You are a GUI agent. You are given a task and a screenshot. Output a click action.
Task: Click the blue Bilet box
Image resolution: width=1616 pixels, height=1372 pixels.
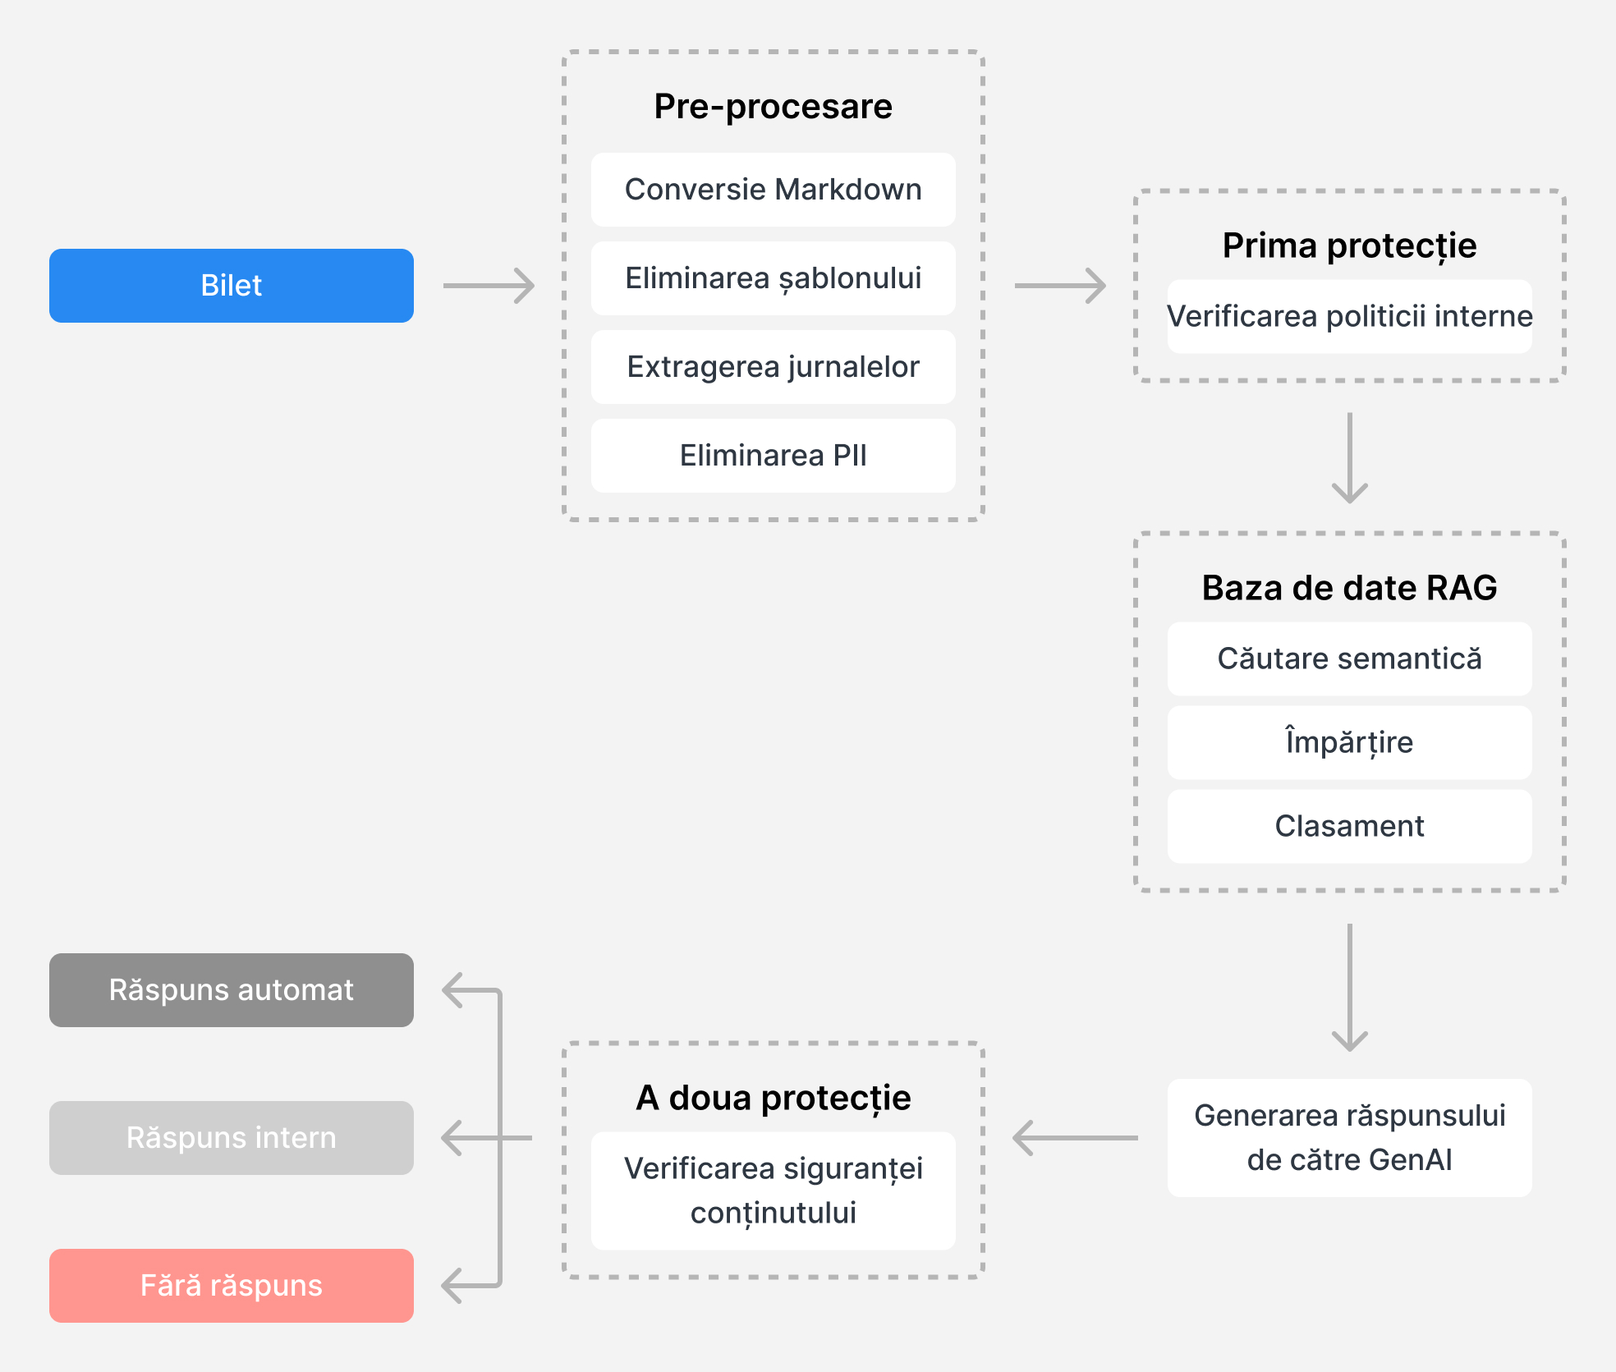pos(232,286)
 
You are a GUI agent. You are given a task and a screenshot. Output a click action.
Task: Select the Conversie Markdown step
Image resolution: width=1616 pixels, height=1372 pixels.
pos(774,190)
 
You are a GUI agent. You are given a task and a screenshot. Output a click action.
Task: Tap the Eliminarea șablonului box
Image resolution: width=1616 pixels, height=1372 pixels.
pos(774,278)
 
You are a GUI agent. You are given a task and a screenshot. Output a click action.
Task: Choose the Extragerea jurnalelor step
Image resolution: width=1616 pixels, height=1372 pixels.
pos(774,367)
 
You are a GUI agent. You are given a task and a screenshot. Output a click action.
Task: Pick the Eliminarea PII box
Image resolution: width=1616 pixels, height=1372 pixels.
pos(774,456)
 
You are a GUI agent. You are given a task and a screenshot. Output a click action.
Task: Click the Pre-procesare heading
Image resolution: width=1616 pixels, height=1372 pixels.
pos(774,107)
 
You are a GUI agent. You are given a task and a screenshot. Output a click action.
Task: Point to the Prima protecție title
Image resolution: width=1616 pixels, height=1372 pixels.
pos(1350,245)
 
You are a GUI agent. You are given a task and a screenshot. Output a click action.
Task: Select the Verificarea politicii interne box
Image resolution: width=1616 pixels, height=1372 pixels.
pos(1350,317)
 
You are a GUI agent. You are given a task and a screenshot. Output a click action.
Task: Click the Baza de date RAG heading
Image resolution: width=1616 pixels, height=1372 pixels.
pos(1350,588)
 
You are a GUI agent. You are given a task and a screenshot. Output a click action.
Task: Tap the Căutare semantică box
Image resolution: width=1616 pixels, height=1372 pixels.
pos(1350,658)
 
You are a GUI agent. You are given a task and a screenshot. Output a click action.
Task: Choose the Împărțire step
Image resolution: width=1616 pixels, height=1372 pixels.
pos(1350,742)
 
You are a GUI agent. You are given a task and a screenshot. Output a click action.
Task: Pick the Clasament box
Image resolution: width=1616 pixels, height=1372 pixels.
pos(1350,826)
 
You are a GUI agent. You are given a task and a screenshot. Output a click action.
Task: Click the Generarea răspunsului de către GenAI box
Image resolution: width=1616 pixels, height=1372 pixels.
pos(1350,1138)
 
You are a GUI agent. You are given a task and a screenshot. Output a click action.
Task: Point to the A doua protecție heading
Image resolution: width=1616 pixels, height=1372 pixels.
pos(774,1098)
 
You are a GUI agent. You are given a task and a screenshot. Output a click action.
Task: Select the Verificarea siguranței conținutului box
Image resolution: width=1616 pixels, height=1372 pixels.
pos(774,1191)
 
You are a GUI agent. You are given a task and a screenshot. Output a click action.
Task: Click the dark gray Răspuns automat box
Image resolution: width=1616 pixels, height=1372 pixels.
pos(232,990)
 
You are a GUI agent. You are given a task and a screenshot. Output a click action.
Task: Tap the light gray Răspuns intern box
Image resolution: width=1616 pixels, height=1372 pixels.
pos(232,1138)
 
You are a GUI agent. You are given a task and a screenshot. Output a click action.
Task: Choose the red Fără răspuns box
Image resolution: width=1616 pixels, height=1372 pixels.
pos(232,1286)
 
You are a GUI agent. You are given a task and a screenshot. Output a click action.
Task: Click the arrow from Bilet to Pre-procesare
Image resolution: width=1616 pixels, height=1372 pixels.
pos(489,286)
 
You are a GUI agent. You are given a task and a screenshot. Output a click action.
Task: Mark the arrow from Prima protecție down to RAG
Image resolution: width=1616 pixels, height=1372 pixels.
pos(1350,458)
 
